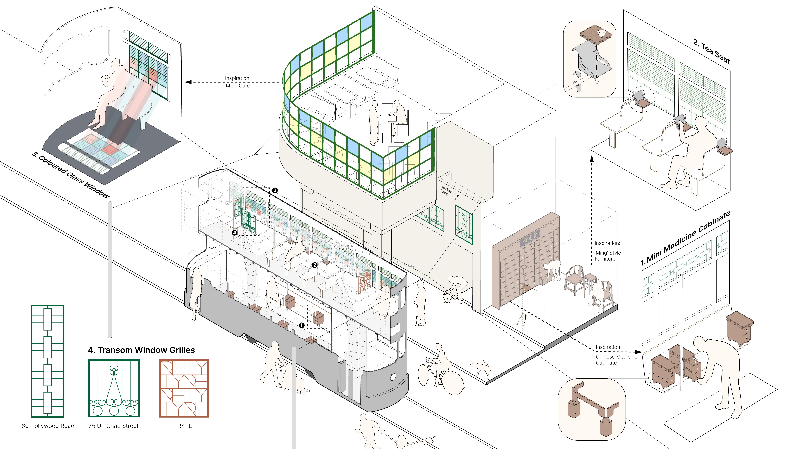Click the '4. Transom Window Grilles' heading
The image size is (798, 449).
point(141,350)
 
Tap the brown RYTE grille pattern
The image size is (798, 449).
point(184,388)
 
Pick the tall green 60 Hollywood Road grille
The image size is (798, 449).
point(48,361)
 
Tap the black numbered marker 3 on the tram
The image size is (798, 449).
point(275,190)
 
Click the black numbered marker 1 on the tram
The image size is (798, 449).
point(301,325)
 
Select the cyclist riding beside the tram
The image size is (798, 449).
point(440,366)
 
